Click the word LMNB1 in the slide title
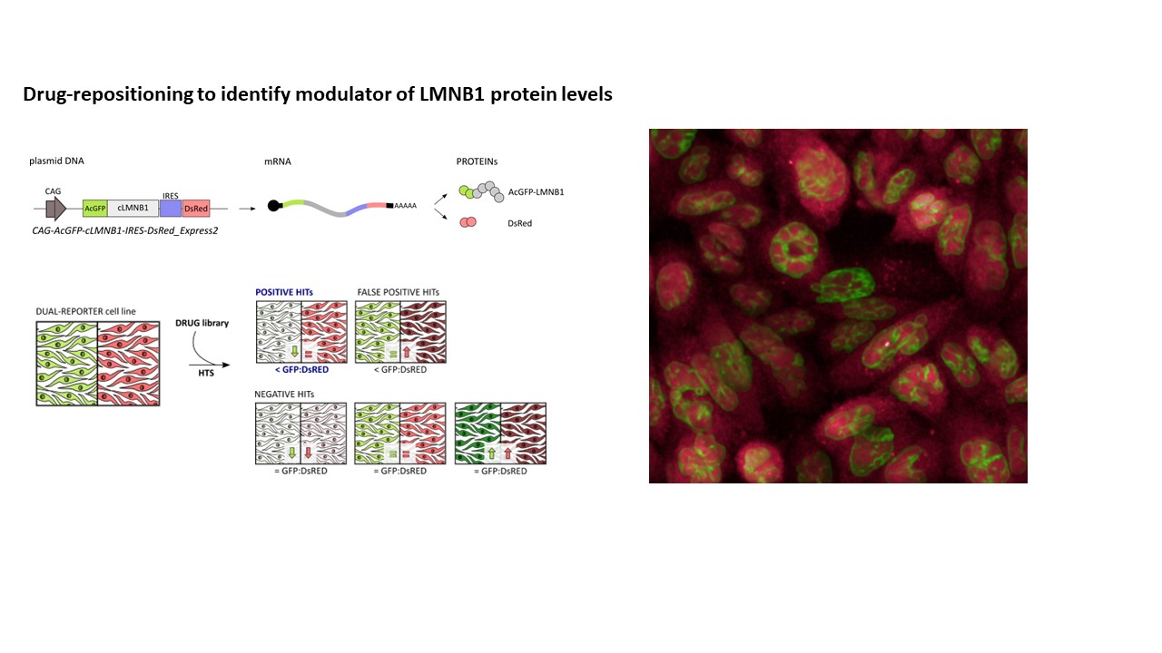point(452,94)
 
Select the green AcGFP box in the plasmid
point(95,209)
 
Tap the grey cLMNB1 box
point(133,208)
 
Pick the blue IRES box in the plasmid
point(171,209)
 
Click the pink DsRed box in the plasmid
point(196,209)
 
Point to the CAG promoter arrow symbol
point(56,209)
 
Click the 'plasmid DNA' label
point(56,161)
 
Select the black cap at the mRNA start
point(274,206)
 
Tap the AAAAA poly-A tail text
point(405,206)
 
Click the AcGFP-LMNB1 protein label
point(536,191)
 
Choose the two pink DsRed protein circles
point(468,222)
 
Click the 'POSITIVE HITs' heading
point(284,292)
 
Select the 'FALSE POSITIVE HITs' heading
point(399,292)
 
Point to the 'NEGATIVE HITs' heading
point(284,395)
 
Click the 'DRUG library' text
point(202,324)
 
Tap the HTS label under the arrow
point(206,373)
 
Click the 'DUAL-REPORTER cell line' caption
point(85,311)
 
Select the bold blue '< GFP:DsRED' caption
point(302,370)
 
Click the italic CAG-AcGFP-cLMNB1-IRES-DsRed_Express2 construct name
point(125,230)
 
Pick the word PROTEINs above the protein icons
point(477,161)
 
